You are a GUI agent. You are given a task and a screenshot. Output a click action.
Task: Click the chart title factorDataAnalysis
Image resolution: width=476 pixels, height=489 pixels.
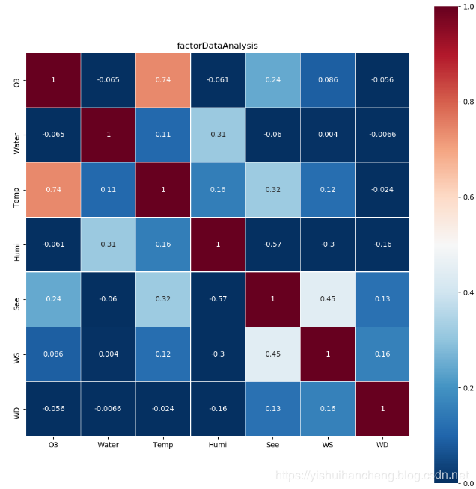(x=217, y=46)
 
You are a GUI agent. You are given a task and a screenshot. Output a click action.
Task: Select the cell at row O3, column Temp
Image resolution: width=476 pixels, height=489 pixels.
(x=162, y=80)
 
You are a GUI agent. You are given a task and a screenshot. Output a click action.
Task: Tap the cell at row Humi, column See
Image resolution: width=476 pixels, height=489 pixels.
(x=272, y=244)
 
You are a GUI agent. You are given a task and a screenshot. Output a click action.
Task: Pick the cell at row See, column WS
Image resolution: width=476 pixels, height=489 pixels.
(x=327, y=299)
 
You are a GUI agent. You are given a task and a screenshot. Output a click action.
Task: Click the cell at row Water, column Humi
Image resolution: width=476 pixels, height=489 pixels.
(x=218, y=135)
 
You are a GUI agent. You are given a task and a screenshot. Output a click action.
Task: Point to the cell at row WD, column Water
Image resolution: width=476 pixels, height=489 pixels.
(x=108, y=408)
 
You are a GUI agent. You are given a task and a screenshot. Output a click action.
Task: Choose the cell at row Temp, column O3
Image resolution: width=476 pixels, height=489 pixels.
(x=53, y=190)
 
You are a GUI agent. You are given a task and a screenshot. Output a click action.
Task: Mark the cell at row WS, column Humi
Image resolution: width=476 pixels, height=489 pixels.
(x=218, y=354)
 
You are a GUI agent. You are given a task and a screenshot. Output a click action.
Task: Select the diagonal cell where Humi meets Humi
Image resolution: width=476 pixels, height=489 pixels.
(x=218, y=244)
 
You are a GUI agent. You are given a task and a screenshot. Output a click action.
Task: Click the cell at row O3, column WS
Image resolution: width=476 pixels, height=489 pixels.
(x=327, y=80)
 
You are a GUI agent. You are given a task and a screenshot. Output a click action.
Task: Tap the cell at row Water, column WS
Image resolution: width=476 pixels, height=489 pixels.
(x=327, y=135)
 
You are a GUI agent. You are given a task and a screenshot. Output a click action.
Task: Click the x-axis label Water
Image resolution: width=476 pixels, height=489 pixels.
(x=108, y=445)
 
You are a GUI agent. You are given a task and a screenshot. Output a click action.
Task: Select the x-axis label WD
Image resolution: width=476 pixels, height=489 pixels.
(x=382, y=445)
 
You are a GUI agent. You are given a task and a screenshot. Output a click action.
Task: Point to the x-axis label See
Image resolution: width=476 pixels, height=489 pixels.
(x=272, y=445)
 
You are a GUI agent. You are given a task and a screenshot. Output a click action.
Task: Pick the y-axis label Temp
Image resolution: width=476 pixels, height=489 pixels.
(x=17, y=190)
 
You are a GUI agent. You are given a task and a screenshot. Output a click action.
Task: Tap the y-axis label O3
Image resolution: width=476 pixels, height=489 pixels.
(x=17, y=80)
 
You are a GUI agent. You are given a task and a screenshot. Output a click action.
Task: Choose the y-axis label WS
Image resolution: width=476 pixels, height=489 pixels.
(x=17, y=354)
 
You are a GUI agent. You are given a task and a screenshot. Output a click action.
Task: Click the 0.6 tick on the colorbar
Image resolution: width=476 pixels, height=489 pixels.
(x=469, y=197)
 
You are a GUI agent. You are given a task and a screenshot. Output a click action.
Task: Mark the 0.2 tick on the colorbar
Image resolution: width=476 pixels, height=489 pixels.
(x=469, y=387)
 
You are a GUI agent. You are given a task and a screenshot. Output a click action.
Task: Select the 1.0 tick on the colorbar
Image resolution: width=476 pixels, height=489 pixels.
(x=469, y=6)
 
